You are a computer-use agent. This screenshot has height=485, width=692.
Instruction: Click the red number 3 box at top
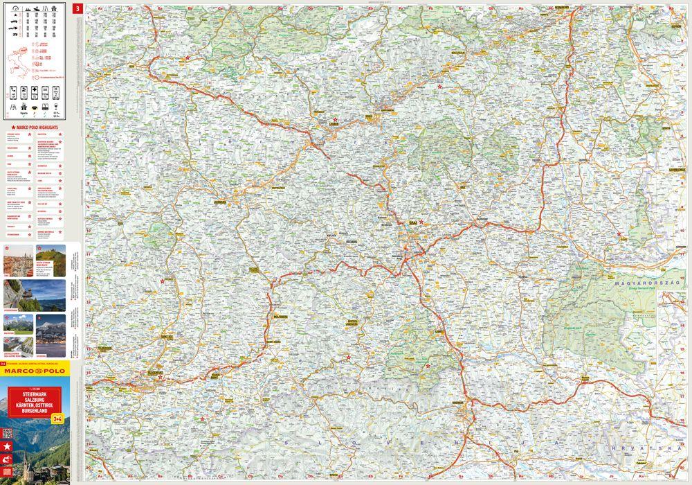click(x=78, y=9)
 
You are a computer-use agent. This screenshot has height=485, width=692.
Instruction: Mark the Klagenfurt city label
click(x=158, y=373)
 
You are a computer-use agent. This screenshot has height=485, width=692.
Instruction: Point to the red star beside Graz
click(x=421, y=222)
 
